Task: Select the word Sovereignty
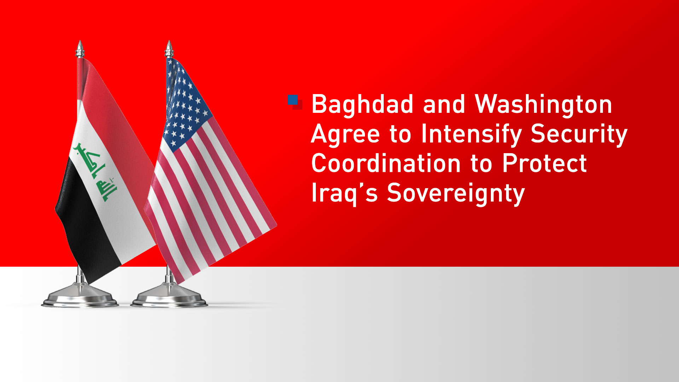(x=456, y=194)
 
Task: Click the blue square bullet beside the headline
(x=293, y=100)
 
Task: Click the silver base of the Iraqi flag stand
(x=80, y=296)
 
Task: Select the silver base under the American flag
(x=169, y=296)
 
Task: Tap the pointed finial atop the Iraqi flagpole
(x=80, y=48)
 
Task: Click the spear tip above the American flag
(x=169, y=48)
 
